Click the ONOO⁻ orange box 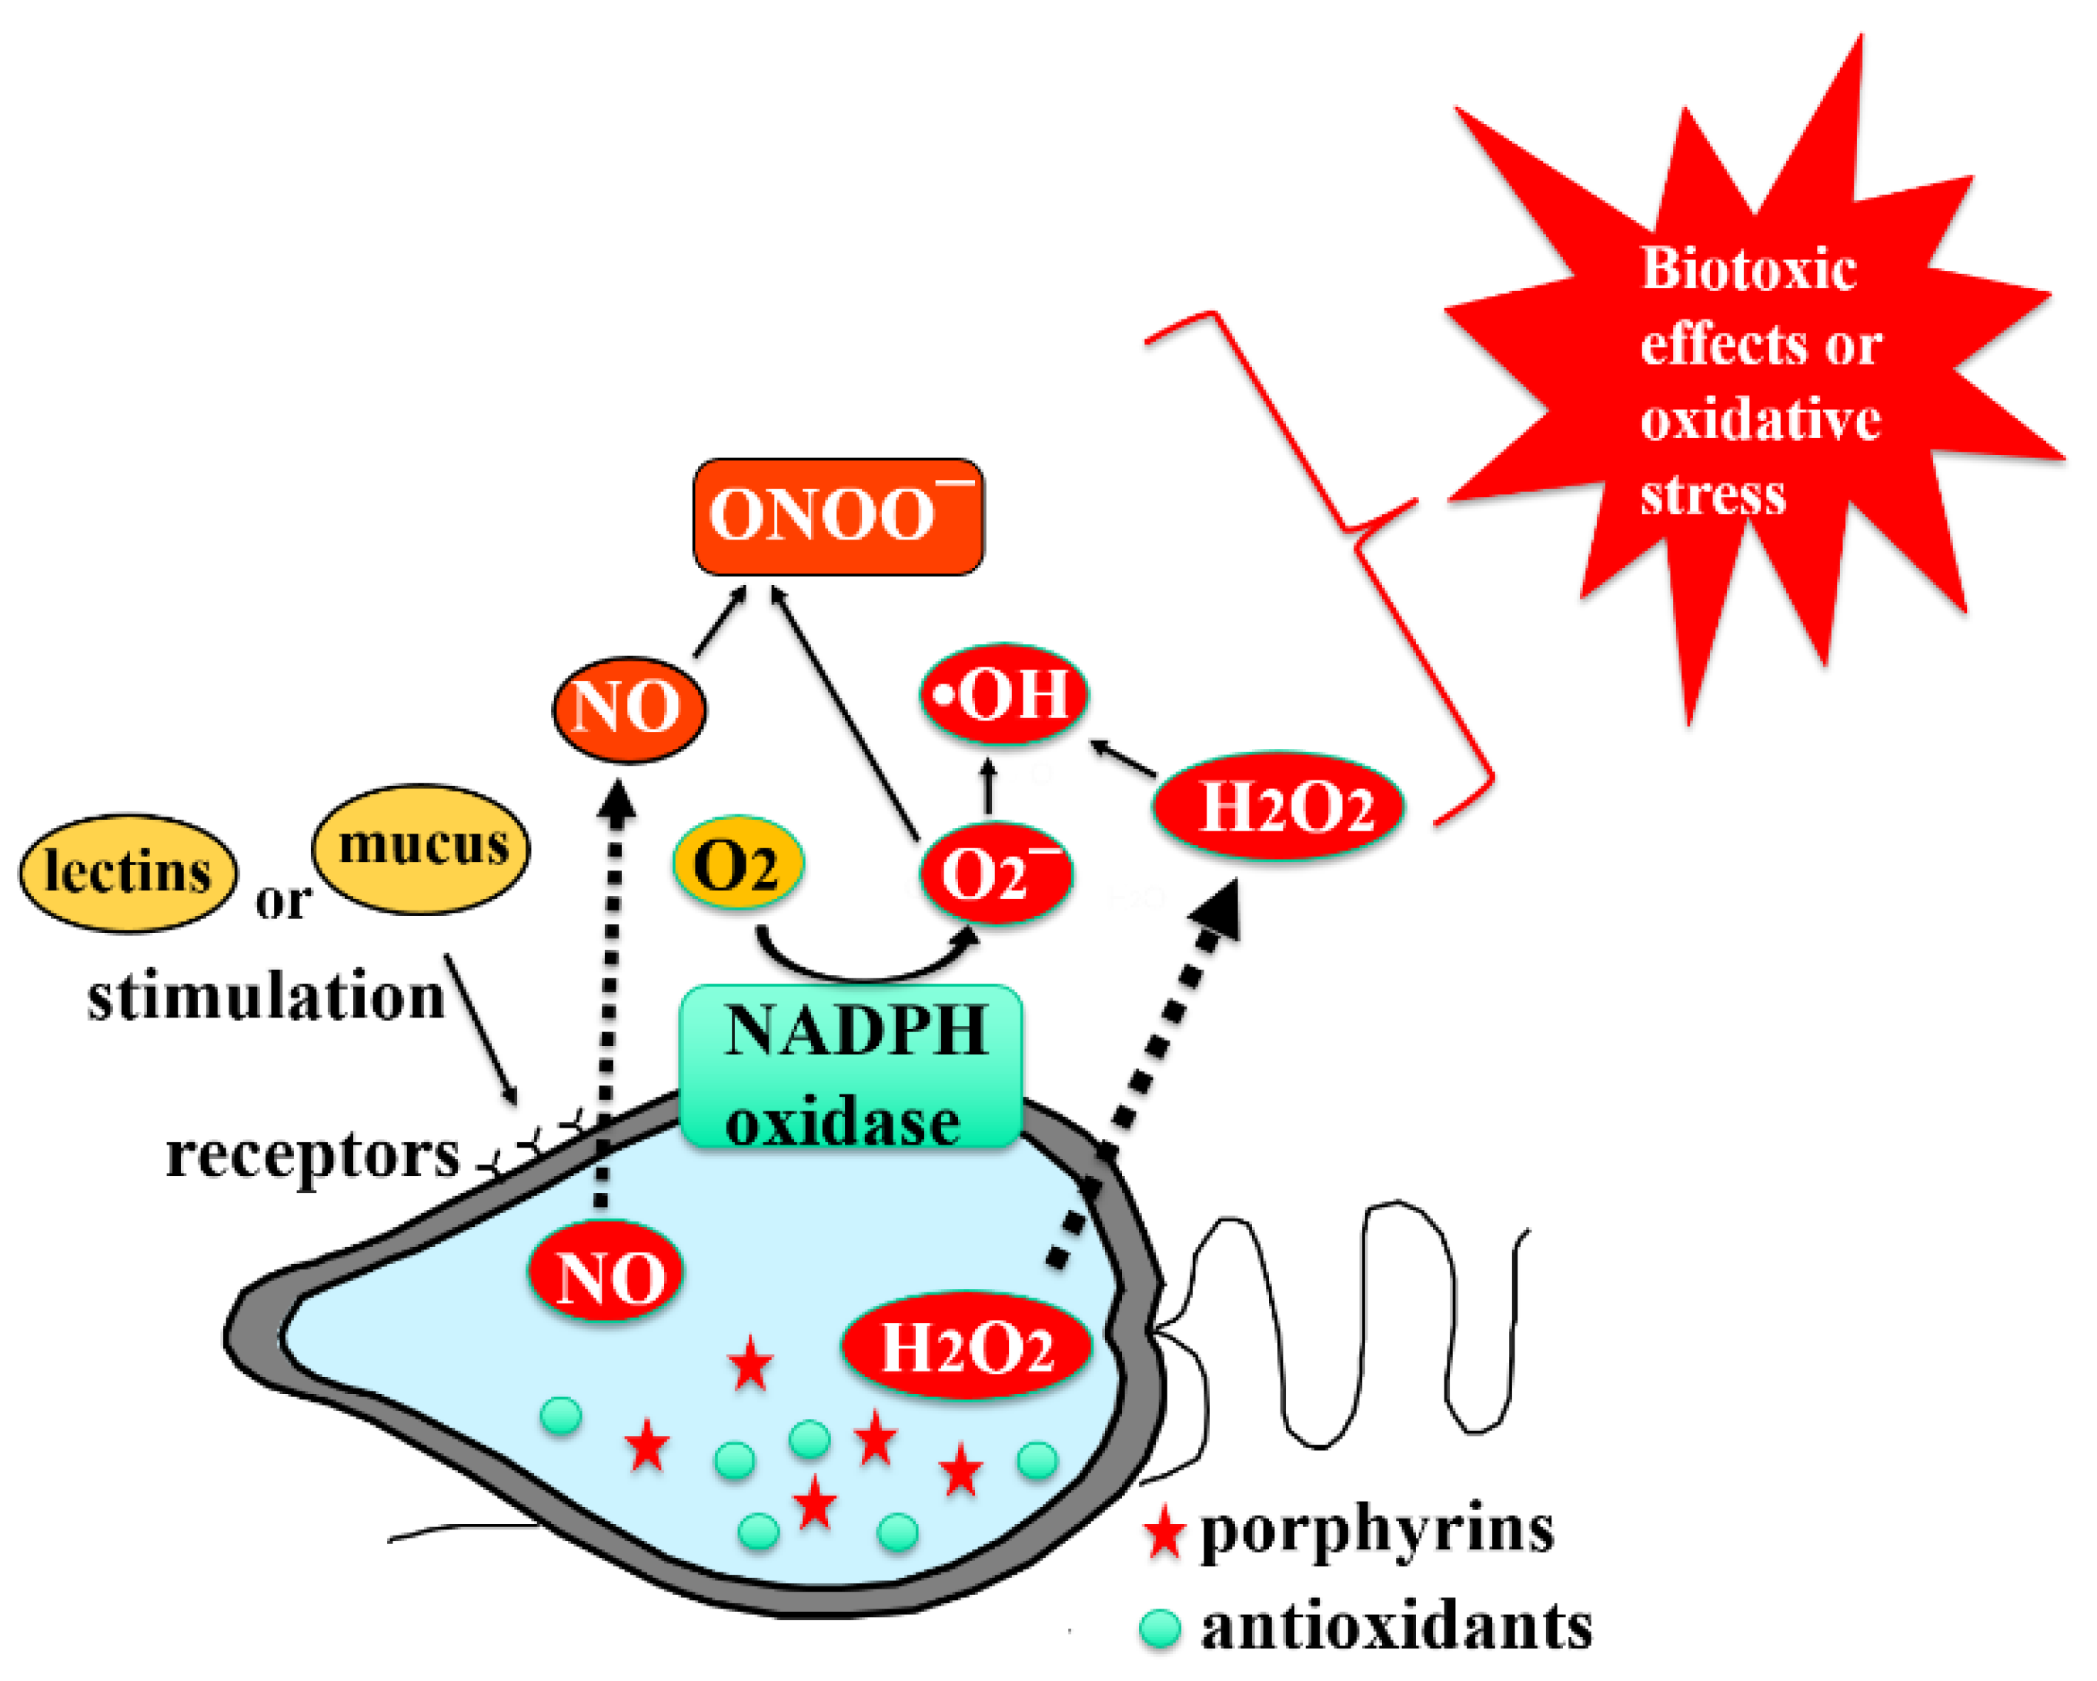point(837,516)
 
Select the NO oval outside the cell point(629,709)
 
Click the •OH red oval point(1003,694)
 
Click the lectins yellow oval point(128,871)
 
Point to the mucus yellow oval point(421,847)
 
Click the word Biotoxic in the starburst point(1748,269)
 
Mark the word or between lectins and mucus point(282,902)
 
